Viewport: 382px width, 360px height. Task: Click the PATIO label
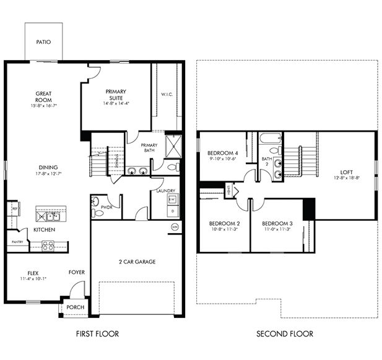[43, 43]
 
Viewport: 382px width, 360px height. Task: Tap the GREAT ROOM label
[43, 97]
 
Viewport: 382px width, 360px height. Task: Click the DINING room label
[48, 167]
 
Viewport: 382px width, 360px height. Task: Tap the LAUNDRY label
[166, 191]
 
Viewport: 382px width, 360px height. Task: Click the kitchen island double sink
[48, 216]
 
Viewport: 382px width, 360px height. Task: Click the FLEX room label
[33, 272]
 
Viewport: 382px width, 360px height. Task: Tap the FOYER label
[77, 272]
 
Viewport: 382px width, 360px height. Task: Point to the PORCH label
[76, 307]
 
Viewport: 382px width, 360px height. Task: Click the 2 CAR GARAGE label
[136, 262]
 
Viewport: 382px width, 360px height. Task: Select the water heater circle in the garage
[175, 227]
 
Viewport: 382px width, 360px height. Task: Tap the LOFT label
[346, 172]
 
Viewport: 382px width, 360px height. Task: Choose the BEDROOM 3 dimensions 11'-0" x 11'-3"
[276, 229]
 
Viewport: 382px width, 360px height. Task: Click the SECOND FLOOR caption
[285, 334]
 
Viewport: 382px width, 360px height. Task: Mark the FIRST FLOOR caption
[97, 334]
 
